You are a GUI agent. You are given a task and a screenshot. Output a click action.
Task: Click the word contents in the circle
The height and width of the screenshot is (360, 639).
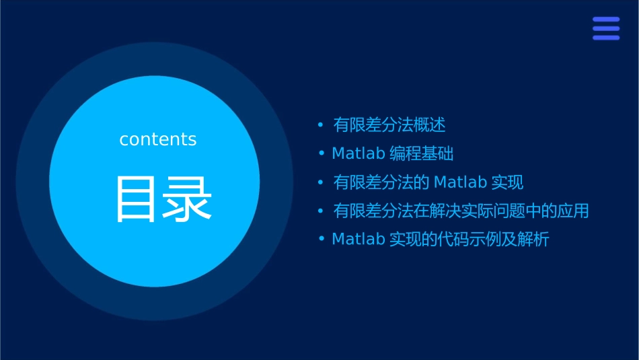point(158,139)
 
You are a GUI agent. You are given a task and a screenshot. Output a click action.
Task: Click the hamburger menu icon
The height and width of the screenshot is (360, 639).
point(606,28)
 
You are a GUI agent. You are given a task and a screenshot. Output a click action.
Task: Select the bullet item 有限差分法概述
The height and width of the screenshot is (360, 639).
point(389,125)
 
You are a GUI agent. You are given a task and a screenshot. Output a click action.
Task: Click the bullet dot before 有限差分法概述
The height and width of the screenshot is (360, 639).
point(321,125)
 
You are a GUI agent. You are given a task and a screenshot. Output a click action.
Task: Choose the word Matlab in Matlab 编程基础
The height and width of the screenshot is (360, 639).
point(359,154)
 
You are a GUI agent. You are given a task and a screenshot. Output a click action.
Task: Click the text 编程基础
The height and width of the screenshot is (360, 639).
point(422,154)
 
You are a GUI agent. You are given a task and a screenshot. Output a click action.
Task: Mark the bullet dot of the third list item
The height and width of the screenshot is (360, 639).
point(321,182)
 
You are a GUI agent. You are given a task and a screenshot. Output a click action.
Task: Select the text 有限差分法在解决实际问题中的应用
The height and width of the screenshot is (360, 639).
point(461,211)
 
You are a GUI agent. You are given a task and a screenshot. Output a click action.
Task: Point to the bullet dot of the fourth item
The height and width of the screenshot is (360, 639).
point(321,211)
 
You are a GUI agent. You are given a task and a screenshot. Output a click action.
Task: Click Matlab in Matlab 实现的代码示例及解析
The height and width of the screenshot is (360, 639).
point(359,240)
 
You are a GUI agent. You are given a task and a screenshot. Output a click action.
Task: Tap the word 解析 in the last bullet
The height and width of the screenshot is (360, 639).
point(534,240)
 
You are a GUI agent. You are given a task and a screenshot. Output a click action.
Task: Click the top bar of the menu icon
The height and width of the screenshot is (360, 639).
point(606,20)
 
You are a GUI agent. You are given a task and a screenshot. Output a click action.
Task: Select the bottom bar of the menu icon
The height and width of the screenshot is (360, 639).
point(606,38)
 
